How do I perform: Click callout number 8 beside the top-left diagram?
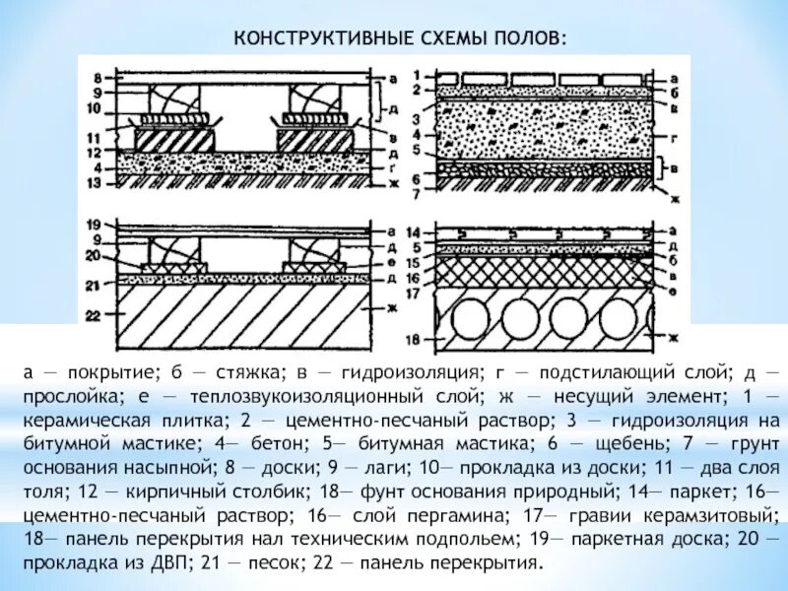point(97,77)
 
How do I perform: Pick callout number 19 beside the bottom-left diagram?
point(95,225)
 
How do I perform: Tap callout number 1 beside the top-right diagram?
point(417,75)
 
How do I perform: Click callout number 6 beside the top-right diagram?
point(417,178)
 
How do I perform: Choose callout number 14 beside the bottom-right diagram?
point(416,230)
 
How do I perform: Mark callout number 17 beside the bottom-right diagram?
point(416,293)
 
